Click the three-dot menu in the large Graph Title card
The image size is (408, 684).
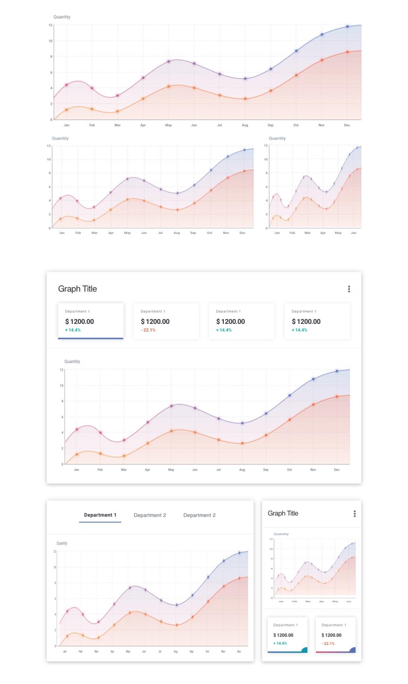pos(349,289)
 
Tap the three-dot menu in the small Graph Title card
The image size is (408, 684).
pos(355,514)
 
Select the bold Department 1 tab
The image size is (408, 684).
pos(100,515)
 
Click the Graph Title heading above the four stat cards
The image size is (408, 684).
pos(77,289)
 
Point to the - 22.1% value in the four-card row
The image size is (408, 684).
pos(148,330)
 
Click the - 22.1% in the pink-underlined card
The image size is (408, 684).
pos(328,643)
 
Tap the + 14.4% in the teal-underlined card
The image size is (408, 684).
pos(280,643)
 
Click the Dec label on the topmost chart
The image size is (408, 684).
pos(347,125)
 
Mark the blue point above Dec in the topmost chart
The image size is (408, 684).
pos(348,26)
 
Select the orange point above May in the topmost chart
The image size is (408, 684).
pos(169,86)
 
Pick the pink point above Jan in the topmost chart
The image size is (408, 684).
pos(67,85)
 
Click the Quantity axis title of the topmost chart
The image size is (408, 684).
pos(62,17)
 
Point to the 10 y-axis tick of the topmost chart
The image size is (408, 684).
pos(50,41)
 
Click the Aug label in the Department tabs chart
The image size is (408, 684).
pos(176,651)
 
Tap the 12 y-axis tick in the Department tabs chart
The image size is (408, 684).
pos(55,551)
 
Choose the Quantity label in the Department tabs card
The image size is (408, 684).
pos(62,543)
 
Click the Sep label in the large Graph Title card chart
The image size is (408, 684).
pos(266,470)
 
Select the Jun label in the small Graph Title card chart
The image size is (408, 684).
pos(349,601)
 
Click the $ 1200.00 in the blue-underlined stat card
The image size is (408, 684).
pos(79,321)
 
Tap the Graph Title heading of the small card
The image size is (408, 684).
pos(283,514)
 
